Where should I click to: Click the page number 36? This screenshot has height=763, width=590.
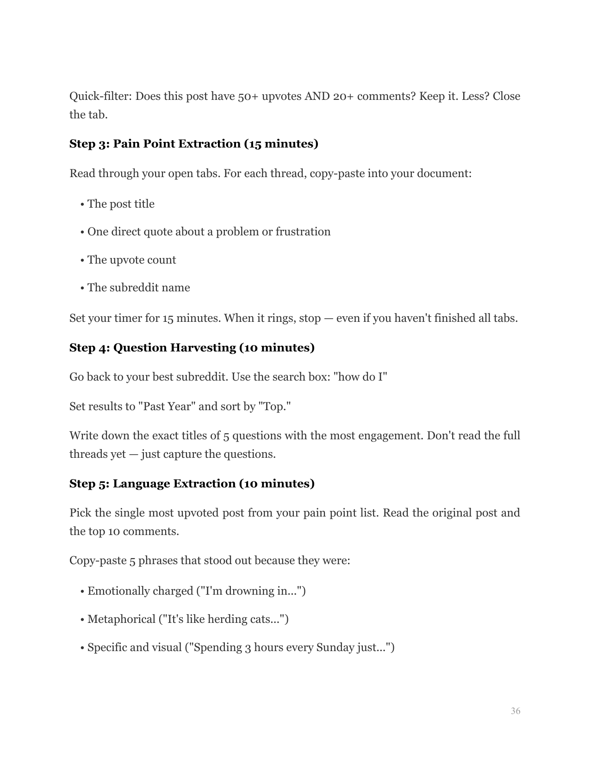point(515,711)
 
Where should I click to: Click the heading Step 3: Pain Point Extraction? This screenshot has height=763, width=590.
point(193,144)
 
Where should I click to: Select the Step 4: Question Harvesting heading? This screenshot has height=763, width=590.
point(192,348)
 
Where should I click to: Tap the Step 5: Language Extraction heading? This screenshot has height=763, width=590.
point(192,484)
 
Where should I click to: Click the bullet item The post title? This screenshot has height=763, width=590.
point(121,204)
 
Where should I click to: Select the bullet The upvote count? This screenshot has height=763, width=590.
point(131,260)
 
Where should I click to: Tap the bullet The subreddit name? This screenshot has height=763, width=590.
point(138,288)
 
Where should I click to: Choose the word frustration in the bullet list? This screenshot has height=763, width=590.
point(303,232)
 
